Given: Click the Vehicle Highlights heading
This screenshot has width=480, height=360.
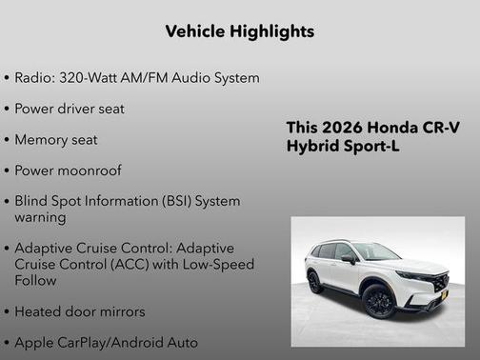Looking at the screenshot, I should [x=239, y=31].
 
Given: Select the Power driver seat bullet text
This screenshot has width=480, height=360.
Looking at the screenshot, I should [x=70, y=109].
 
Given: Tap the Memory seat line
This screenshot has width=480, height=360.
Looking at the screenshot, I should [x=56, y=140].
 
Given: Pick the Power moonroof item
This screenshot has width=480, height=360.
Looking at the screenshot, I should [x=68, y=171].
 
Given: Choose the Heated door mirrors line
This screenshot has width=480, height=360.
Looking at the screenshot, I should [x=80, y=311].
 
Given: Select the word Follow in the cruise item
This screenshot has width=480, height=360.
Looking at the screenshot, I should [x=35, y=281].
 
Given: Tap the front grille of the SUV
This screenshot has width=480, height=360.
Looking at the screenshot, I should [x=438, y=284].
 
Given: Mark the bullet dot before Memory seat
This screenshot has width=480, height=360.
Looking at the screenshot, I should [x=8, y=141].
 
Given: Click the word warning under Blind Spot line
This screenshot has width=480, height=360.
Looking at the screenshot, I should [x=42, y=217].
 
